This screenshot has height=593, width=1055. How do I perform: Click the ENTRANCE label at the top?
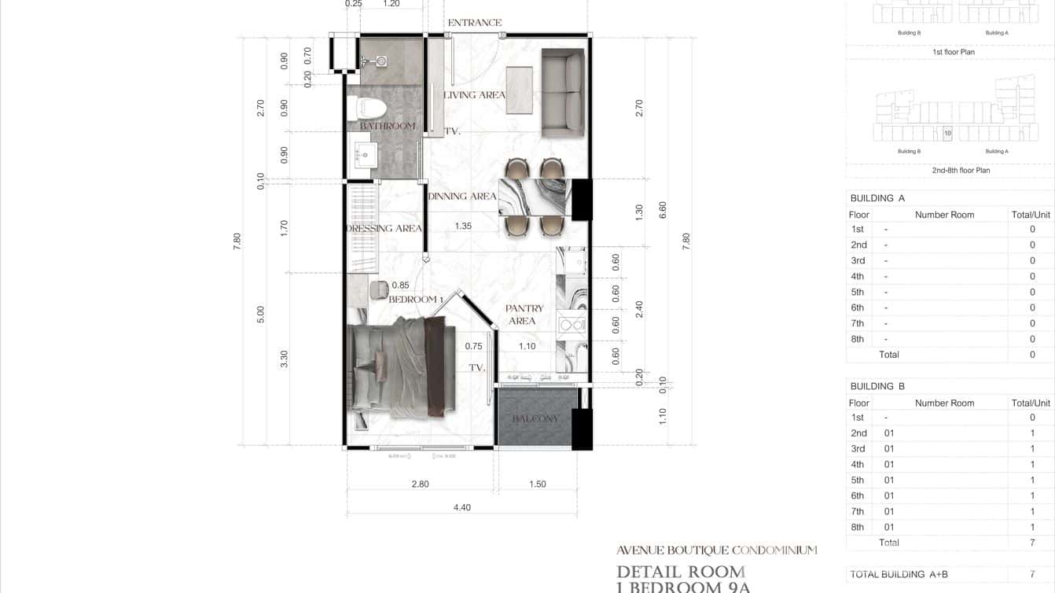click(474, 23)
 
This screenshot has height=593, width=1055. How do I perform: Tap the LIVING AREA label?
click(474, 95)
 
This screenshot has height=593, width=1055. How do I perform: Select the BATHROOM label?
click(388, 126)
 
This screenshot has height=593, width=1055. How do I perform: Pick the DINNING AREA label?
click(462, 196)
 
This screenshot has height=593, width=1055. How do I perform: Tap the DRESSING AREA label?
click(384, 229)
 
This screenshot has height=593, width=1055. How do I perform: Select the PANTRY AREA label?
click(524, 315)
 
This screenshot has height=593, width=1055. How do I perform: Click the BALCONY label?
click(535, 418)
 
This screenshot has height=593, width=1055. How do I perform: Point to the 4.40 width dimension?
click(462, 507)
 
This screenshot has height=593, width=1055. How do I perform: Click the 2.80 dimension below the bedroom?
click(421, 484)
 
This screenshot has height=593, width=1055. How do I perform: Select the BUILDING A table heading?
click(877, 198)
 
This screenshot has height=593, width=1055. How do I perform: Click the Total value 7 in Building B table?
click(1032, 543)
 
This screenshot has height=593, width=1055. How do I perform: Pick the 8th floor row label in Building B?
click(857, 527)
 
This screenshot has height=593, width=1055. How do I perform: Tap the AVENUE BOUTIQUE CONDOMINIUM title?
click(716, 551)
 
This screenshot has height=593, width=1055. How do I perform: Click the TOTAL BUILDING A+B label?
click(899, 574)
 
